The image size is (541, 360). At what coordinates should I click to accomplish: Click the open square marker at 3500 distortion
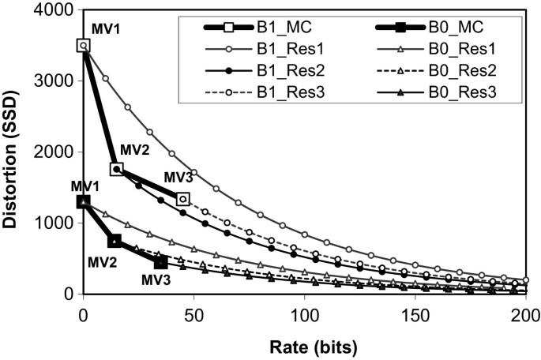[x=84, y=46]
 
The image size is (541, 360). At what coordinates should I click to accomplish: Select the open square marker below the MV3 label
[x=183, y=199]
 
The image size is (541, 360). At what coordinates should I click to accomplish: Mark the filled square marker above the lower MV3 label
[x=161, y=262]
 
